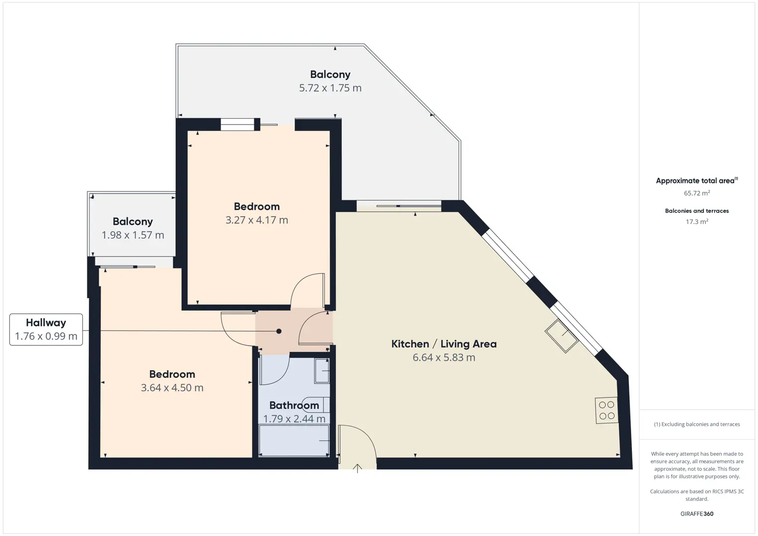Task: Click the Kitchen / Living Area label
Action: (444, 344)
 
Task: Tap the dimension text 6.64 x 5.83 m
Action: (444, 357)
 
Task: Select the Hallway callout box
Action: (46, 330)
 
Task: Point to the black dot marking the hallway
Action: (279, 331)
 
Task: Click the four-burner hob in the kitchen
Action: (606, 410)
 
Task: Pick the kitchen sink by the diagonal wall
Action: (561, 336)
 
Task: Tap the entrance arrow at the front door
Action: (357, 469)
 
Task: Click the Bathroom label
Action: (294, 405)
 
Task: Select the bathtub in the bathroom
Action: (294, 440)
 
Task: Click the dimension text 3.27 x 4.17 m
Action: (257, 220)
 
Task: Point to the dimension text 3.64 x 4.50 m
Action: (172, 388)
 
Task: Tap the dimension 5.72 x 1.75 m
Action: (330, 88)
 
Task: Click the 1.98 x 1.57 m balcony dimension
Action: (133, 235)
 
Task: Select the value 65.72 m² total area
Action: (697, 193)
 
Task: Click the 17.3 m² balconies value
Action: (697, 221)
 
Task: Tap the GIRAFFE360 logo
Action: (697, 514)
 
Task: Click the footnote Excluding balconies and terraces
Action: (697, 424)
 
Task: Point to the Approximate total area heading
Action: (697, 181)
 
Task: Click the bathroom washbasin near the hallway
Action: (322, 371)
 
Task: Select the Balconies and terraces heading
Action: (697, 211)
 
